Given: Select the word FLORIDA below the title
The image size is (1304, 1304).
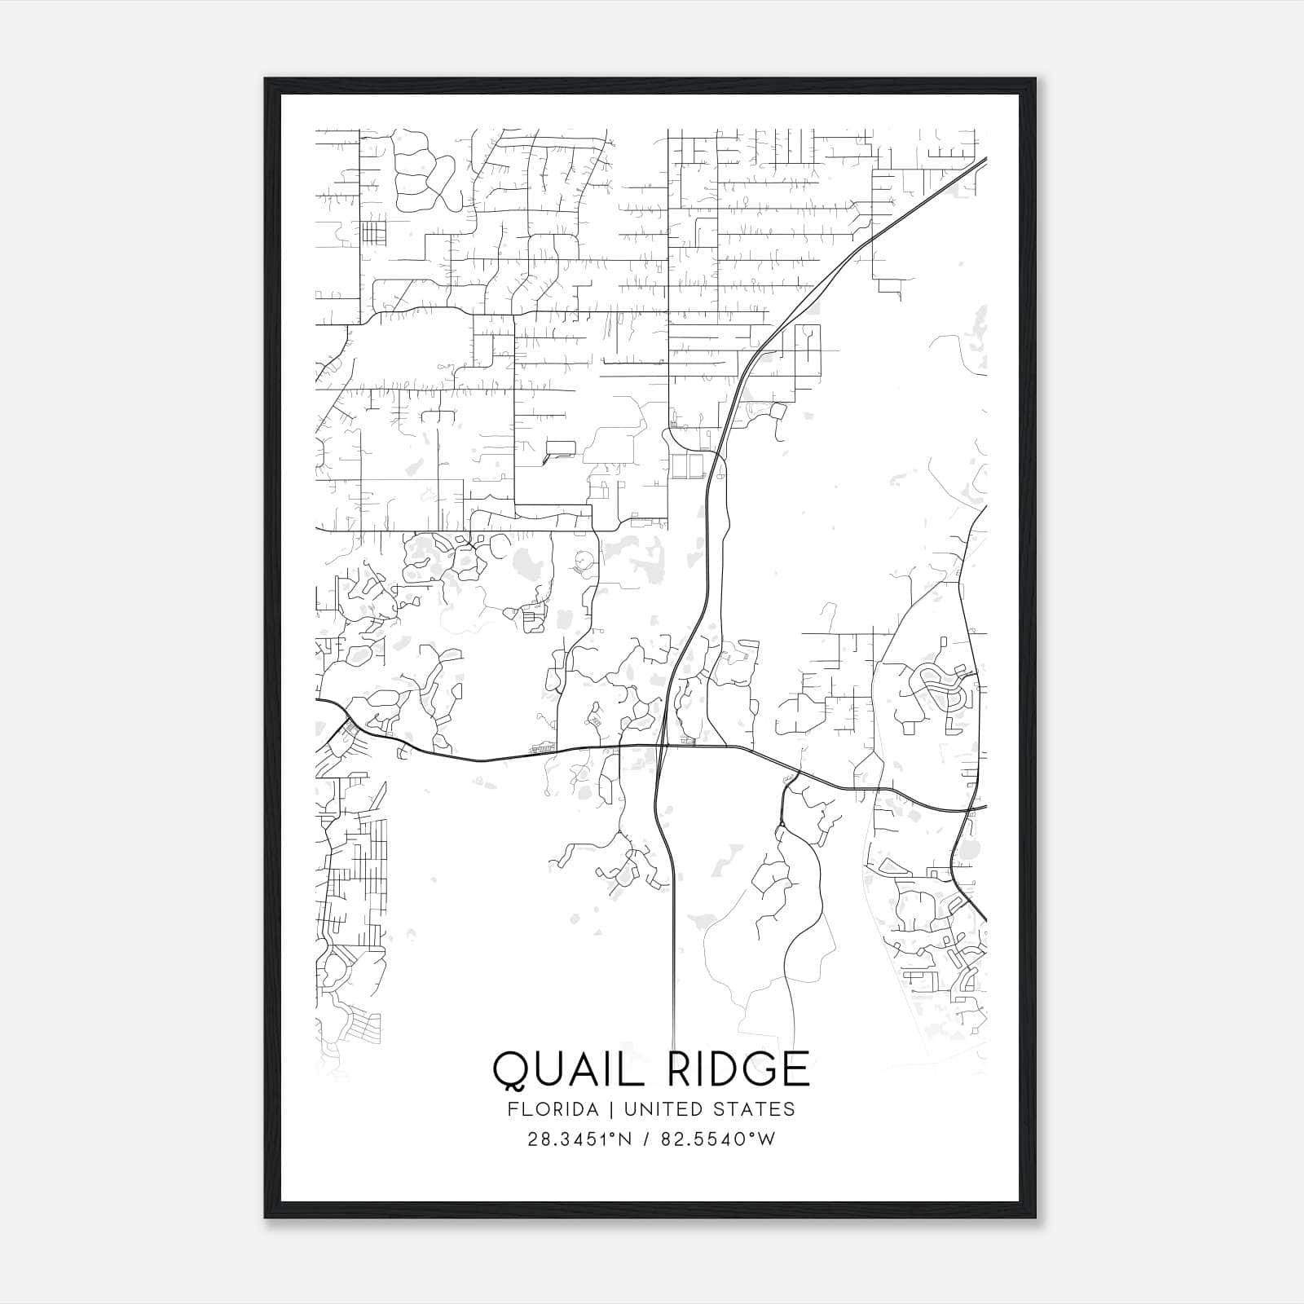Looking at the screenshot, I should point(550,1109).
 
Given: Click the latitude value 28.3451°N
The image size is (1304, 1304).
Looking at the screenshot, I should point(579,1139).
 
